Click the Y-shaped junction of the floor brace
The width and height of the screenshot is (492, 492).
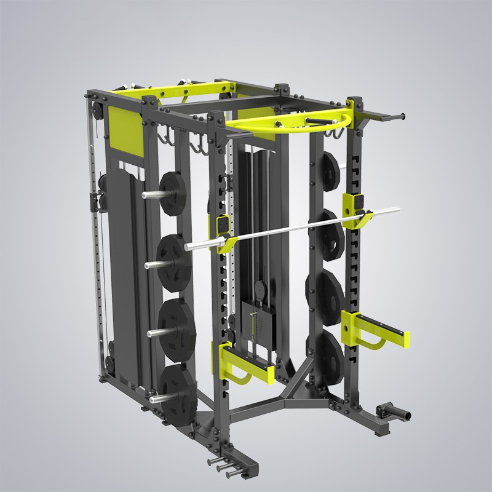(295, 388)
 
